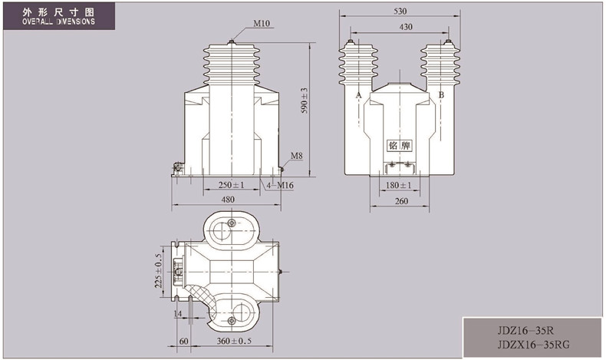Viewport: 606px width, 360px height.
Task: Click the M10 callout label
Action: (x=262, y=23)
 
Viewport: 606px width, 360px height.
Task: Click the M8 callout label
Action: (x=296, y=156)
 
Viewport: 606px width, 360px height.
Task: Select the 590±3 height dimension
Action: (x=305, y=101)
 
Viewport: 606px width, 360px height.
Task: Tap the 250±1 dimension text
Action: (x=231, y=185)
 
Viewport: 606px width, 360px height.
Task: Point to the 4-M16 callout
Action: (x=280, y=186)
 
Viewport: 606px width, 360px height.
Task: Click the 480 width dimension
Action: (x=227, y=200)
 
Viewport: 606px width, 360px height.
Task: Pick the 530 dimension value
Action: (x=400, y=12)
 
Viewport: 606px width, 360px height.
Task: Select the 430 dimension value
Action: (x=406, y=27)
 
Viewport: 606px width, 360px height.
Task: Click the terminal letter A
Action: (x=359, y=94)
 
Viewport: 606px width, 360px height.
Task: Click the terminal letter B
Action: (x=441, y=94)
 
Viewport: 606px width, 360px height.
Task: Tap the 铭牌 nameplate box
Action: (x=399, y=145)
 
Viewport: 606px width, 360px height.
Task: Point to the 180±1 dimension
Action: (x=398, y=185)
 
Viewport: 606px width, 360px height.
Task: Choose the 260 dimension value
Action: (x=401, y=201)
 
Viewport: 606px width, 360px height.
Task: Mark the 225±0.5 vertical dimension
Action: (x=158, y=271)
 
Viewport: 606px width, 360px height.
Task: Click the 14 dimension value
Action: (x=177, y=314)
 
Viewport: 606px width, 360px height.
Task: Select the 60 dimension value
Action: (x=184, y=341)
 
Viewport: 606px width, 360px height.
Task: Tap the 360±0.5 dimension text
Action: (x=234, y=341)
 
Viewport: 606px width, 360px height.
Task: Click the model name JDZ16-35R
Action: (x=525, y=331)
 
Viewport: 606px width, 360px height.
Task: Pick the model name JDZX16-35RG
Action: (x=533, y=344)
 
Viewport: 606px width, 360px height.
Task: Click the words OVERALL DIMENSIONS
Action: (x=58, y=21)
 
